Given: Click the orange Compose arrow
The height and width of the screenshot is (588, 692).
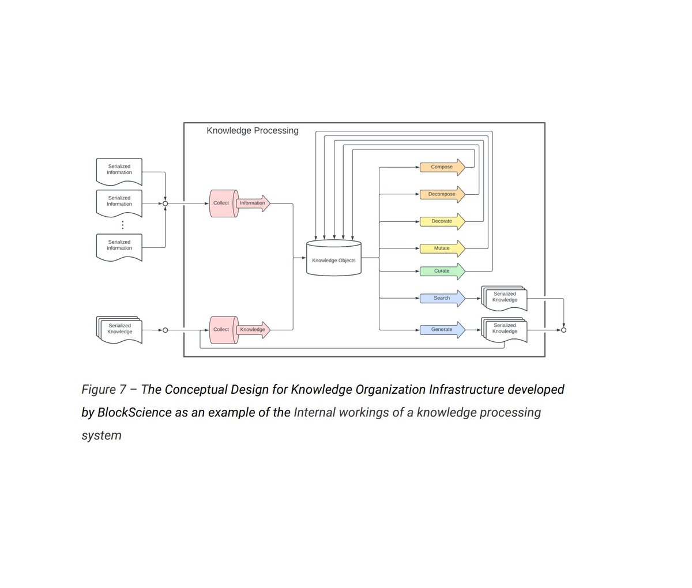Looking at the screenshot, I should point(442,167).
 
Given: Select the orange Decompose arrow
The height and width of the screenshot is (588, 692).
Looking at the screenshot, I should point(442,194).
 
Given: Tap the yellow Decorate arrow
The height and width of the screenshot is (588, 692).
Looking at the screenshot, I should point(442,221).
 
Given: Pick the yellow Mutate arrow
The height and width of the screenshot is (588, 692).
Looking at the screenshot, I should point(442,248).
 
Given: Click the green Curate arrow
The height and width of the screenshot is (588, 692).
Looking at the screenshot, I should point(442,271).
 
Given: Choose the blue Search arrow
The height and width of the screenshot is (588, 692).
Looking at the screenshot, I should point(442,298).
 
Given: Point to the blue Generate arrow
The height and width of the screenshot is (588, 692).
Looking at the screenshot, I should point(442,330).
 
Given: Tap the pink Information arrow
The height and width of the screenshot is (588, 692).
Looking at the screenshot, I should point(253,203).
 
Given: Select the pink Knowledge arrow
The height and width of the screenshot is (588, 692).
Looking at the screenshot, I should point(253,330).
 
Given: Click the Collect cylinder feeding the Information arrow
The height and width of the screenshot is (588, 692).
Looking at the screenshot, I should point(222,203).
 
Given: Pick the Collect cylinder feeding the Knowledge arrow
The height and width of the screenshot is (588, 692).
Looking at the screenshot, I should point(222,330).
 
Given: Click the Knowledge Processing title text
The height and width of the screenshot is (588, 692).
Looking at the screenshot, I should point(253,131).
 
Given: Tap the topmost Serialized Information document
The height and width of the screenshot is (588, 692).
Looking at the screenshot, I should point(119,171).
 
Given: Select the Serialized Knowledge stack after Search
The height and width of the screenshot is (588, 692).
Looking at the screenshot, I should point(503,298).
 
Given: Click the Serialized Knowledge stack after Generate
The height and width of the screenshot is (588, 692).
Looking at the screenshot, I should point(503,330).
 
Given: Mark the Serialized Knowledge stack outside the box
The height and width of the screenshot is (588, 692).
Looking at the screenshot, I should point(119,330).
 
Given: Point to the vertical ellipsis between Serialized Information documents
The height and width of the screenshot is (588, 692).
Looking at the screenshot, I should point(122,224).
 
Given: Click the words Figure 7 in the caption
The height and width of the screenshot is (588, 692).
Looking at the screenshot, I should point(104,390).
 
